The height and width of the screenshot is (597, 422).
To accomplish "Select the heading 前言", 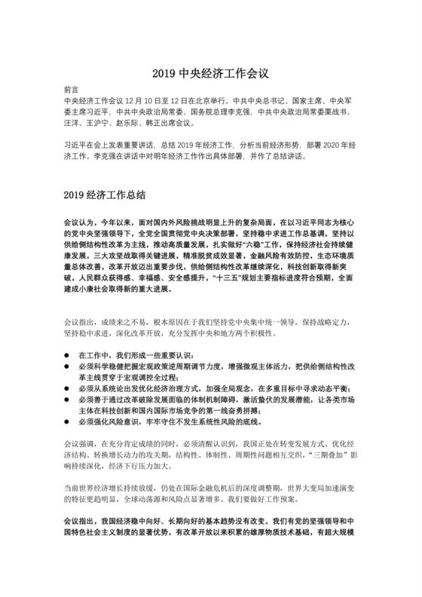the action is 72,89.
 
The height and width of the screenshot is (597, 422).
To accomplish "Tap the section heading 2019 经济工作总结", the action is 110,194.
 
